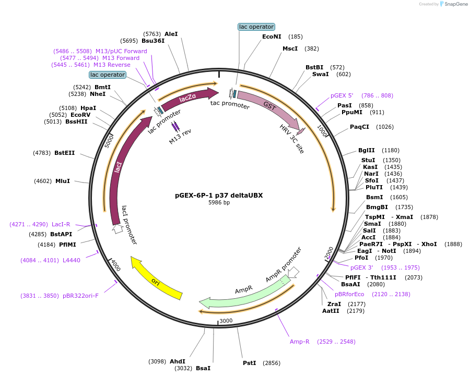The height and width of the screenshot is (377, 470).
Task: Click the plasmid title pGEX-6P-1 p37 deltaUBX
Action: tap(219, 196)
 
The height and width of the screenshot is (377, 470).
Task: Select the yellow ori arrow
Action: tap(156, 279)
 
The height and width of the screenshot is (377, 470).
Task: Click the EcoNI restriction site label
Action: tap(272, 37)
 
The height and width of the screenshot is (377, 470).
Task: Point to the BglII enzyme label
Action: tap(367, 150)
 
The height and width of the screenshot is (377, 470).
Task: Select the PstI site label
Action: tap(250, 362)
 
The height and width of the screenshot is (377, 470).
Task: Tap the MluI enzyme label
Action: tap(63, 181)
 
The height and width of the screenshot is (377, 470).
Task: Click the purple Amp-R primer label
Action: tap(300, 342)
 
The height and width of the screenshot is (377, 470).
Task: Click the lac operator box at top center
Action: tap(256, 27)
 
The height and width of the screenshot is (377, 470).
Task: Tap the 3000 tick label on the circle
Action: tap(226, 321)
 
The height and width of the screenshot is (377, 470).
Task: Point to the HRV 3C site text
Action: tap(291, 139)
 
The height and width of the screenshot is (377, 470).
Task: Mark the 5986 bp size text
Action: tap(219, 202)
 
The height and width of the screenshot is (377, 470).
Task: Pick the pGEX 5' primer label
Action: tap(342, 95)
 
